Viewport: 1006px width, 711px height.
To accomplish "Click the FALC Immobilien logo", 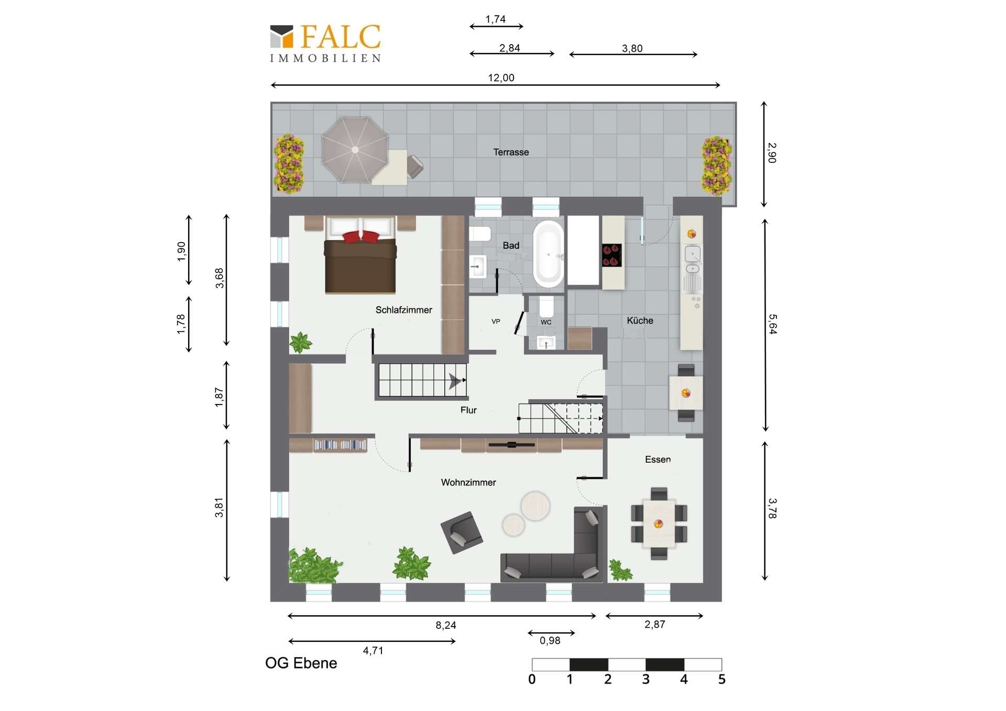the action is coord(325,44).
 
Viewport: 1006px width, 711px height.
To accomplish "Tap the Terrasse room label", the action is coord(511,152).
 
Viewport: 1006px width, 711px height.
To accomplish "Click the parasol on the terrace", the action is coord(355,150).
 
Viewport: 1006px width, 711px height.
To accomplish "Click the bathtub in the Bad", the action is coord(548,254).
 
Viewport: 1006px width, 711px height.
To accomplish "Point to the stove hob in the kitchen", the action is coord(611,255).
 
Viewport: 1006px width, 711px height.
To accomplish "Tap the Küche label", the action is coord(640,321).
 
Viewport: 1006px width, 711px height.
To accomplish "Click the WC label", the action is coord(546,322).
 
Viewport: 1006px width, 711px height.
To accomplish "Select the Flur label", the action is coord(468,410).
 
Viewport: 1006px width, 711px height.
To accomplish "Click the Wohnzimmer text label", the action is coord(468,483).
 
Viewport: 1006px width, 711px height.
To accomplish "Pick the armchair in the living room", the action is coord(462,532).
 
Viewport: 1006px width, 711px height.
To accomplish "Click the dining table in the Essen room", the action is coord(659,523).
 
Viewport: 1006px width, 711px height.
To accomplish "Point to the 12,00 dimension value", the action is coord(501,78).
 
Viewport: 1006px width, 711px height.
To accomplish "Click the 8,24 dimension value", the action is coord(446,625).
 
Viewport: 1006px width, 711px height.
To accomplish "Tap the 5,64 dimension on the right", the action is coord(772,324).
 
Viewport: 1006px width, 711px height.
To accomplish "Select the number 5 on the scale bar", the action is coord(721,680).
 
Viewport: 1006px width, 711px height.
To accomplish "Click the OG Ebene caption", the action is coord(301,663).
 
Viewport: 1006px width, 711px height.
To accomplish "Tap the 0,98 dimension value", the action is coord(550,640).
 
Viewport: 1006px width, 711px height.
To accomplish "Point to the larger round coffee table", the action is coord(535,506).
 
